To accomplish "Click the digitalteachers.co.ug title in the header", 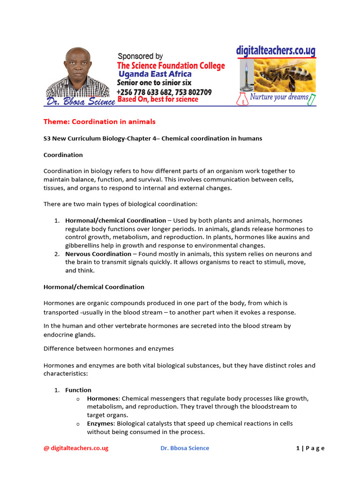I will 275,51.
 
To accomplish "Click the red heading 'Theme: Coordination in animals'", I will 99,122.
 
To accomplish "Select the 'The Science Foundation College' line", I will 171,66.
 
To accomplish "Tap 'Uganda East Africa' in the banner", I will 155,75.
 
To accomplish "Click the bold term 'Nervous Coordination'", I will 98,254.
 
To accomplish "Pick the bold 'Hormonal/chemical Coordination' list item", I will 115,220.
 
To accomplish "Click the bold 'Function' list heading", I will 78,390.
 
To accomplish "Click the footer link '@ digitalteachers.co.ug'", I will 76,448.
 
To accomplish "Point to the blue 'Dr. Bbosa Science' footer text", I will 185,448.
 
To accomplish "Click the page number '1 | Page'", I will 310,448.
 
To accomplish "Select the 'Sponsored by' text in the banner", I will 140,56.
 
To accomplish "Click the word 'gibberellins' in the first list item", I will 84,246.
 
